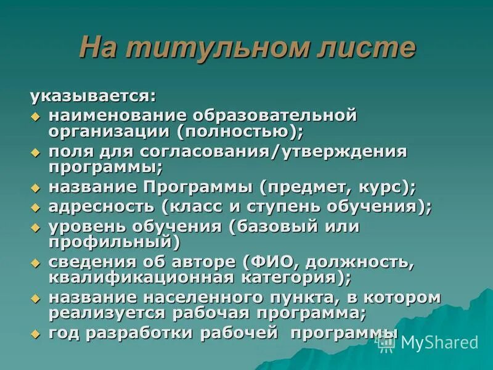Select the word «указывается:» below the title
coord(93,97)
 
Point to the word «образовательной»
coord(275,115)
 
